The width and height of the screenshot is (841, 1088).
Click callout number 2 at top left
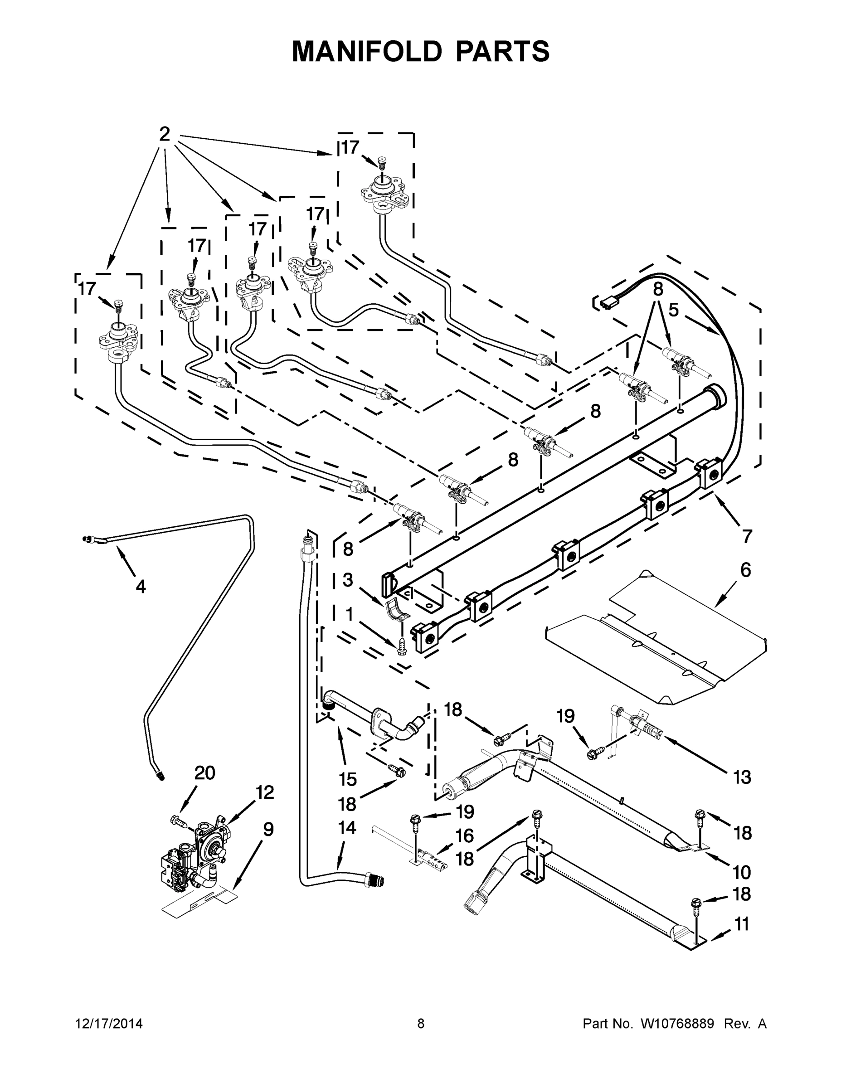point(165,134)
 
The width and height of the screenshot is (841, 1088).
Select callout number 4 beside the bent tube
point(141,587)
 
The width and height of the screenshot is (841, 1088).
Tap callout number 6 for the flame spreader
point(745,570)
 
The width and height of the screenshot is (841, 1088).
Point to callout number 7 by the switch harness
point(746,537)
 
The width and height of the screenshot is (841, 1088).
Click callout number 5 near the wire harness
point(673,310)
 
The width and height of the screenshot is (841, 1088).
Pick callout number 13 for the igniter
point(742,777)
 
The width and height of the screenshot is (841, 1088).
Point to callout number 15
point(348,779)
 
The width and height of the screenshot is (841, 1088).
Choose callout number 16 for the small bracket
point(464,835)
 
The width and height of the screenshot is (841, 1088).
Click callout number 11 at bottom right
point(742,924)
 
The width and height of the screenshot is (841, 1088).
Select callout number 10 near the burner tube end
point(742,872)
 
